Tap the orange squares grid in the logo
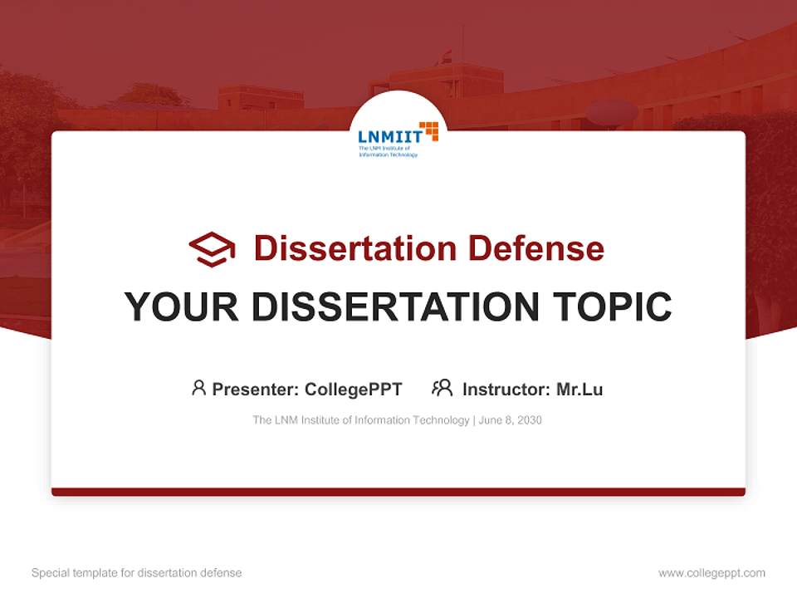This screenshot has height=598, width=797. tap(428, 130)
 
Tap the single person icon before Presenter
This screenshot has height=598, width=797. tap(198, 388)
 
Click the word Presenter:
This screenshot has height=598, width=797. tap(255, 390)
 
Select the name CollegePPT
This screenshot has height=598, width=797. tap(353, 390)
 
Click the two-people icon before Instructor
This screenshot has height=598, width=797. tap(442, 388)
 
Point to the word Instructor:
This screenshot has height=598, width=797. tap(506, 390)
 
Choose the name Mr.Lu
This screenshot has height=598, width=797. tap(579, 390)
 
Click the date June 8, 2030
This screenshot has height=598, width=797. tap(511, 420)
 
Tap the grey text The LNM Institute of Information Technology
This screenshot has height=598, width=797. tap(360, 420)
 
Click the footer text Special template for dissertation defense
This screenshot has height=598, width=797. tap(136, 573)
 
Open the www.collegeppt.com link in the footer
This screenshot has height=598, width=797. tap(711, 573)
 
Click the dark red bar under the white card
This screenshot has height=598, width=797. tap(398, 492)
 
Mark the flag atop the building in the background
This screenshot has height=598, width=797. tap(446, 56)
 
